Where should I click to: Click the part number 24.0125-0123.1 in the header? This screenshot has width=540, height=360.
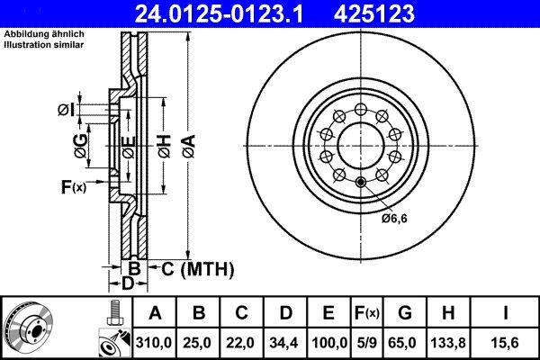pyautogui.click(x=217, y=13)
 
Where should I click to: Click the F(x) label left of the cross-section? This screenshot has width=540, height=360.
pyautogui.click(x=72, y=187)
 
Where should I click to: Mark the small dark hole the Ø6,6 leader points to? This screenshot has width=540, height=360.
pyautogui.click(x=361, y=184)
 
